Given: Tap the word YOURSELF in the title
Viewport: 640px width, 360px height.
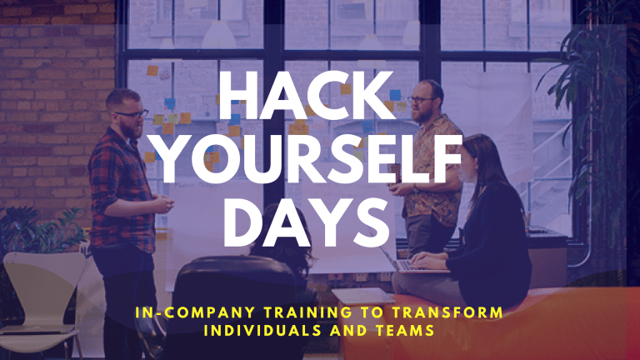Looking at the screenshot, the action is pos(309,159).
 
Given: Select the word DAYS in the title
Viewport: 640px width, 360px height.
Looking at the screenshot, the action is pos(307,222).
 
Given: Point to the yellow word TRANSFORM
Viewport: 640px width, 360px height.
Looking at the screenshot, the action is pos(447,312).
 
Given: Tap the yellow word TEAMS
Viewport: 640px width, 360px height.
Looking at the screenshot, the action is pos(405,330).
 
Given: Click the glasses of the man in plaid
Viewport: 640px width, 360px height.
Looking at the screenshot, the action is pos(132,115).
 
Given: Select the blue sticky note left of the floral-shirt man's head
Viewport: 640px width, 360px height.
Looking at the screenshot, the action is pos(395,95).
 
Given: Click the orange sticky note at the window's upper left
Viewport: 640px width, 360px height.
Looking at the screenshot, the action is pos(152,71).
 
